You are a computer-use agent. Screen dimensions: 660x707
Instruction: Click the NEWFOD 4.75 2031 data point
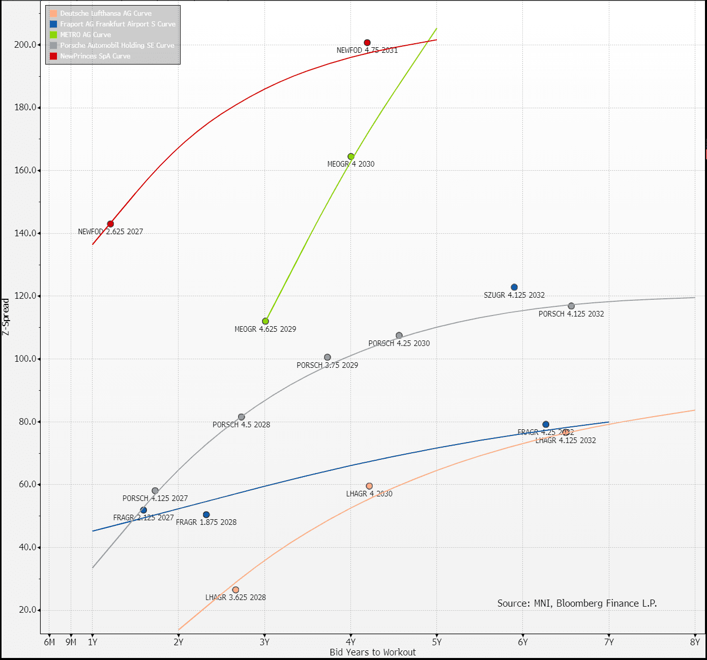[367, 43]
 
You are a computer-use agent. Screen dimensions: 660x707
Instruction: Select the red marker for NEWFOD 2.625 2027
[110, 224]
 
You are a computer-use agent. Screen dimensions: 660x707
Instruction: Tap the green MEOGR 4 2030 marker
[351, 156]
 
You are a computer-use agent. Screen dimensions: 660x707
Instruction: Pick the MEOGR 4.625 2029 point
[266, 321]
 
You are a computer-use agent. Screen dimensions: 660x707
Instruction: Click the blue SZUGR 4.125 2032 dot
[514, 288]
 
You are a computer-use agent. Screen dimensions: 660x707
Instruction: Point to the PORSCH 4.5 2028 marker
[242, 417]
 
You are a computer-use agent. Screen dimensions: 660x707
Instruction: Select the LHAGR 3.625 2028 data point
[235, 590]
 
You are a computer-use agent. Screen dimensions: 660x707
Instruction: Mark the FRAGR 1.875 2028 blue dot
[206, 515]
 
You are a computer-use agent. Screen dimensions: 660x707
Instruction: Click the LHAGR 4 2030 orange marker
[369, 486]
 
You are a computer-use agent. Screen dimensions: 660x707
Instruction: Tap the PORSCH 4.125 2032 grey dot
[571, 306]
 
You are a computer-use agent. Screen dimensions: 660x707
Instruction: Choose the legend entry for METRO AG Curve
[85, 35]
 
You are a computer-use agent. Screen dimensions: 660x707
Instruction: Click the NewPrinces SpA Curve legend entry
[95, 56]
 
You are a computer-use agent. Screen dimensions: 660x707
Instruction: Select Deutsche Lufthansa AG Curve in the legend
[106, 13]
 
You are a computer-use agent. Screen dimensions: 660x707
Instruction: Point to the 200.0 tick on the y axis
[25, 45]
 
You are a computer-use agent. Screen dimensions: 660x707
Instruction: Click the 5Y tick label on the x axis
[437, 642]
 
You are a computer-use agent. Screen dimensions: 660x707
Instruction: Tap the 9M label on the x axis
[71, 642]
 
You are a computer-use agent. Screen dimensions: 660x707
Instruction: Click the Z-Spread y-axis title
[6, 317]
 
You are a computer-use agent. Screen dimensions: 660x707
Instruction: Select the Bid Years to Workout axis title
[372, 652]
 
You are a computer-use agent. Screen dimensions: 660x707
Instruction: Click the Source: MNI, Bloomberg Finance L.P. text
[577, 603]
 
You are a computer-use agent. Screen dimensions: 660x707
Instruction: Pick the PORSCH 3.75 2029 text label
[328, 365]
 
